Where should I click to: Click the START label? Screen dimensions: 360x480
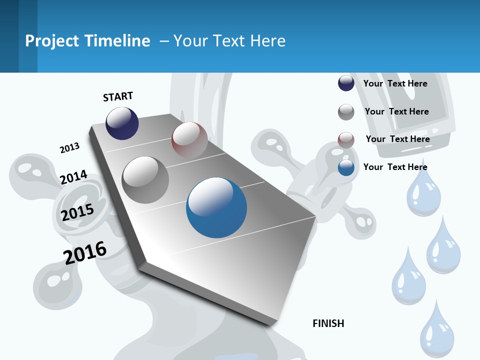118,96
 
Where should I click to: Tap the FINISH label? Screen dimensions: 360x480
328,323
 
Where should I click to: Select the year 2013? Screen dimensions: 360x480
69,148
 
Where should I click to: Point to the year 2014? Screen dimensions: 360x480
73,177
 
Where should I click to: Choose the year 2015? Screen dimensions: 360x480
77,212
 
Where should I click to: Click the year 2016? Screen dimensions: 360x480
85,253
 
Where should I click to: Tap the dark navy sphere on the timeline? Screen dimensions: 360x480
122,123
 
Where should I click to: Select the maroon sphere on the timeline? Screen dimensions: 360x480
189,140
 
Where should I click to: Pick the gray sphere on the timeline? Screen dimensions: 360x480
145,180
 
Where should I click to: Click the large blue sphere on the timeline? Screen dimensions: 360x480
216,207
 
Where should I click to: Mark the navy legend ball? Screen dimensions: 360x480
346,83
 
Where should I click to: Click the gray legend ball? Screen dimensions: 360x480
346,112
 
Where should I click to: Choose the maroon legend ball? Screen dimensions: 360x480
346,140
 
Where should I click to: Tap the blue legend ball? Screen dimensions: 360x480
346,167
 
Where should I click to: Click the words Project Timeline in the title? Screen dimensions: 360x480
87,41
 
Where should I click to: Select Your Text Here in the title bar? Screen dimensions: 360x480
229,41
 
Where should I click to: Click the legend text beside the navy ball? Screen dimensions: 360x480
395,83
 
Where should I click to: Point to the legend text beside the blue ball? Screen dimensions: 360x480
395,167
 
